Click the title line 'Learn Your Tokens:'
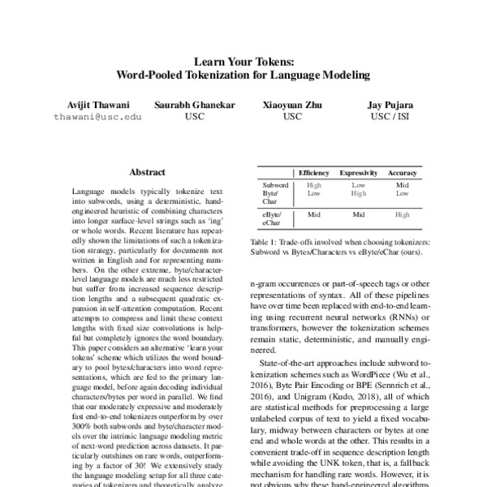click(x=243, y=61)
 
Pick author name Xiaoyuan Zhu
click(x=292, y=106)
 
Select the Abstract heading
click(x=147, y=172)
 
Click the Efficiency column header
click(x=313, y=174)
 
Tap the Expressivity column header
click(x=358, y=174)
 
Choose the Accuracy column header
click(x=403, y=174)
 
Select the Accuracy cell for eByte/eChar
click(x=403, y=215)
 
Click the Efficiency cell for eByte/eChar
click(x=313, y=215)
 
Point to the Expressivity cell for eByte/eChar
click(x=358, y=215)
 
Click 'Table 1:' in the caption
click(x=265, y=242)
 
